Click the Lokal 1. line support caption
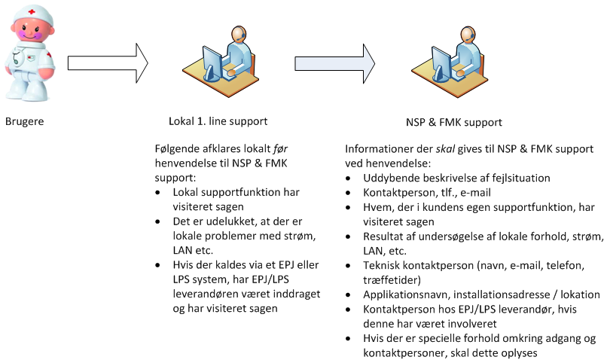[218, 121]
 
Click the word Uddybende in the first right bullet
[390, 178]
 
